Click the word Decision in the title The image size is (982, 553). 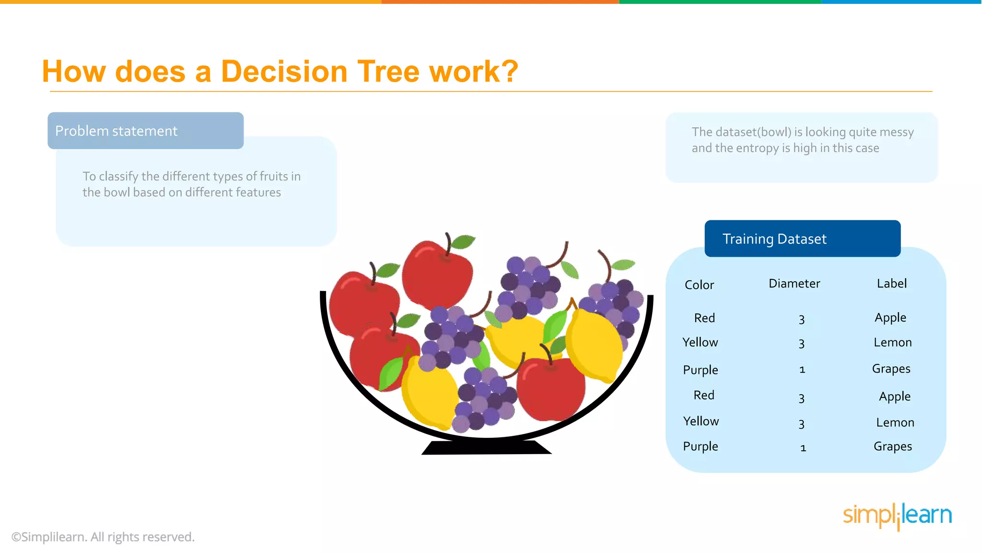pyautogui.click(x=283, y=72)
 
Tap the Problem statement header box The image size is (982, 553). pyautogui.click(x=145, y=131)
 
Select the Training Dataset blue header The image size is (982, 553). pyautogui.click(x=802, y=239)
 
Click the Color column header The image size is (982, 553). pyautogui.click(x=699, y=285)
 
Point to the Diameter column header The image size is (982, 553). pyautogui.click(x=794, y=283)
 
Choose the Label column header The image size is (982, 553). pyautogui.click(x=891, y=283)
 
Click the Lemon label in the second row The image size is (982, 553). pyautogui.click(x=892, y=342)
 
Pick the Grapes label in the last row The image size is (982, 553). pyautogui.click(x=892, y=446)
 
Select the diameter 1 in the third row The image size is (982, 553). pyautogui.click(x=802, y=370)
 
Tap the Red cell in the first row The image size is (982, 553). pyautogui.click(x=704, y=318)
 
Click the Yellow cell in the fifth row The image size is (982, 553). pyautogui.click(x=701, y=421)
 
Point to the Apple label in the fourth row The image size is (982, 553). pyautogui.click(x=894, y=397)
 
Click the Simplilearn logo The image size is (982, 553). pyautogui.click(x=897, y=516)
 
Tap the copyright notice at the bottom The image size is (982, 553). pyautogui.click(x=103, y=537)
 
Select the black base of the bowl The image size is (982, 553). pyautogui.click(x=486, y=447)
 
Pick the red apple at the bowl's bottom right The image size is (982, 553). pyautogui.click(x=551, y=389)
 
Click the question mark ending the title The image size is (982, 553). pyautogui.click(x=511, y=72)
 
